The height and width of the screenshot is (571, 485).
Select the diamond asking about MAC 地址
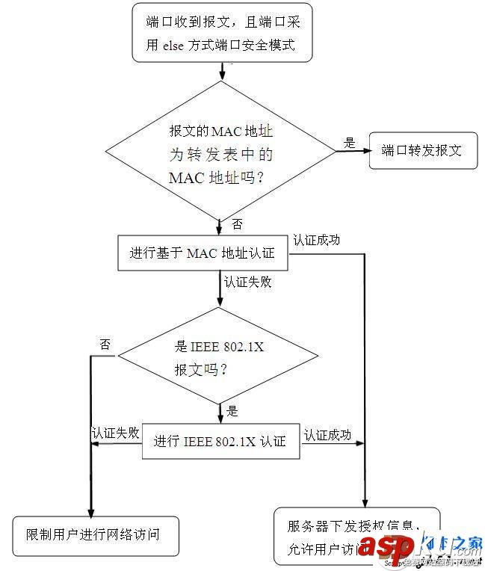220,151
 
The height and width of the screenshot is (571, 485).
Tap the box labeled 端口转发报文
422,150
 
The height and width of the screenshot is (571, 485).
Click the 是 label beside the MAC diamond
349,142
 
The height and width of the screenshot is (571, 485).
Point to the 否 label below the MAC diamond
237,224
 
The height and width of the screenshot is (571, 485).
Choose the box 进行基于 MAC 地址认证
203,253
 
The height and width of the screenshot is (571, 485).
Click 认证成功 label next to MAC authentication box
317,240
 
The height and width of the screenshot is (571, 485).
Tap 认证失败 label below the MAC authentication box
247,283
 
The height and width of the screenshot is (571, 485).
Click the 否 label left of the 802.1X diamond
105,345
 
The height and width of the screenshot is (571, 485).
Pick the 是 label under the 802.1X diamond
232,410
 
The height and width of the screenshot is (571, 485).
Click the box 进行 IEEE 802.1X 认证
220,441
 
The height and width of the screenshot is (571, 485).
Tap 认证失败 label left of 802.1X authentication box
115,433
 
